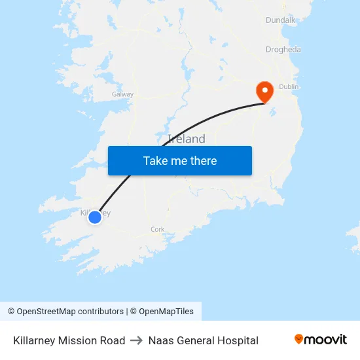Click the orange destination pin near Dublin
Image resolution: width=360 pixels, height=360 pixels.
(264, 90)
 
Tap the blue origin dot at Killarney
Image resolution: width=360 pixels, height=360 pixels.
(95, 217)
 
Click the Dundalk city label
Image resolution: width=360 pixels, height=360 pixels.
(281, 20)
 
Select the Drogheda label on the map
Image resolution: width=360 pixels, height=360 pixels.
(283, 49)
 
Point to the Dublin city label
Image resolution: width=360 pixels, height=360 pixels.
(289, 86)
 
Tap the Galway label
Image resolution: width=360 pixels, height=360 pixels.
(122, 94)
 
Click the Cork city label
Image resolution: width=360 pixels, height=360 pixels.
(157, 229)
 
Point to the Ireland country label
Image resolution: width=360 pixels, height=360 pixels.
(187, 139)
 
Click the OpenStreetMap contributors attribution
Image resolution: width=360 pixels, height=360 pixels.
(65, 312)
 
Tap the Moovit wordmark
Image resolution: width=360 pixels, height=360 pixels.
(326, 340)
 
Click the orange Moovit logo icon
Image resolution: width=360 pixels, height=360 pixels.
(299, 339)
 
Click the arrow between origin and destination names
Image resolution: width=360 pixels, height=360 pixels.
(136, 340)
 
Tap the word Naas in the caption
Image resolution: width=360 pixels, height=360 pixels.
(160, 340)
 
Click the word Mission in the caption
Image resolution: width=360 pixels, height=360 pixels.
(80, 340)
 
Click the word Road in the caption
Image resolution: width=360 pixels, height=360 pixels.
(113, 340)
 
